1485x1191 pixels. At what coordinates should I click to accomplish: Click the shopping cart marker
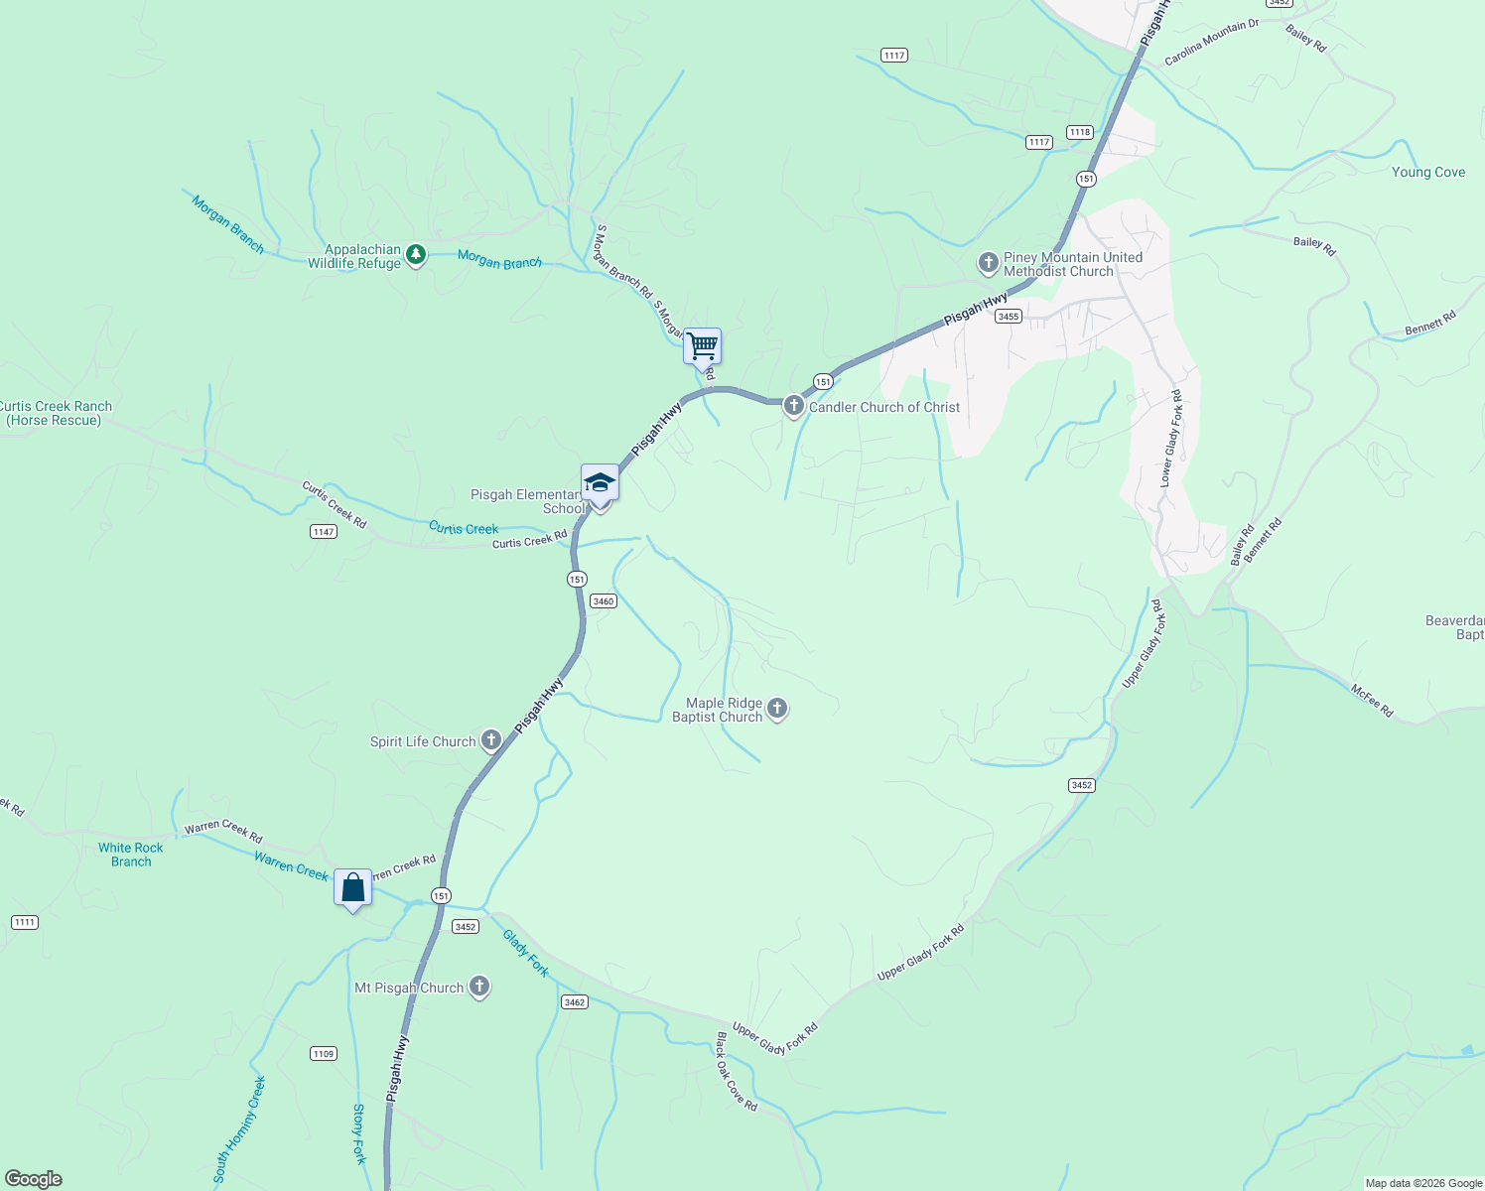point(702,347)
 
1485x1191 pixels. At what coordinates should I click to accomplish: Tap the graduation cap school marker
point(600,483)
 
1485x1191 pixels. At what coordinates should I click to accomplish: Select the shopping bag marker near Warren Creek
point(353,887)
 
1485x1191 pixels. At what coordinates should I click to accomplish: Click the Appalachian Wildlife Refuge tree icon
point(416,256)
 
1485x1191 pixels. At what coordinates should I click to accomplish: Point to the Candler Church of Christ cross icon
point(793,406)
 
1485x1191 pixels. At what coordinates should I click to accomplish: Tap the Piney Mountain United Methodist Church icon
point(988,263)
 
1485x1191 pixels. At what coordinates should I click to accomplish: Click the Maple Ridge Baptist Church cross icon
point(777,709)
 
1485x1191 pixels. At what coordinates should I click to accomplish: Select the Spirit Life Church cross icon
point(490,740)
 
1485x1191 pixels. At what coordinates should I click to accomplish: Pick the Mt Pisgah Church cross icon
point(479,987)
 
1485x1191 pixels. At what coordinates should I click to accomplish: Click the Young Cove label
point(1427,172)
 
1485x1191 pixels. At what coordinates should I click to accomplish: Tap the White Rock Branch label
point(131,855)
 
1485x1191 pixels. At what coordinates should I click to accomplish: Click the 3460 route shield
point(604,600)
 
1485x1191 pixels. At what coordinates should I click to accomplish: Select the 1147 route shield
point(324,532)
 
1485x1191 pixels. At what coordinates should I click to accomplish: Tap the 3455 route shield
point(1009,316)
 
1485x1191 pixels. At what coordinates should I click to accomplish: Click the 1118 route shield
point(1080,132)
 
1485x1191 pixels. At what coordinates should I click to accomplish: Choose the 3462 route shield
point(575,1001)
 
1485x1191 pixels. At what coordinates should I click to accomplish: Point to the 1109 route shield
point(324,1053)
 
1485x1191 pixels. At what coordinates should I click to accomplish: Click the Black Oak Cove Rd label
point(737,1072)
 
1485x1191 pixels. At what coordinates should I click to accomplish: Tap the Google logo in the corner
point(33,1179)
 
